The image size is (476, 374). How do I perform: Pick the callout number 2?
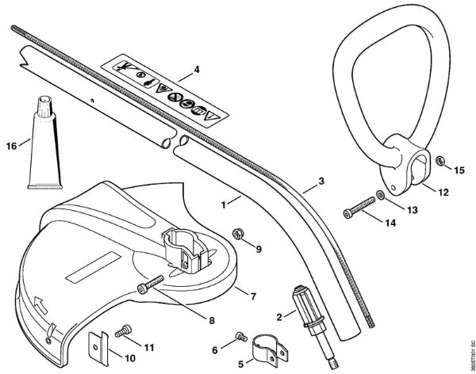point(278,316)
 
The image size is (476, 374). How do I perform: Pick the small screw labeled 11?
point(123,329)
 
